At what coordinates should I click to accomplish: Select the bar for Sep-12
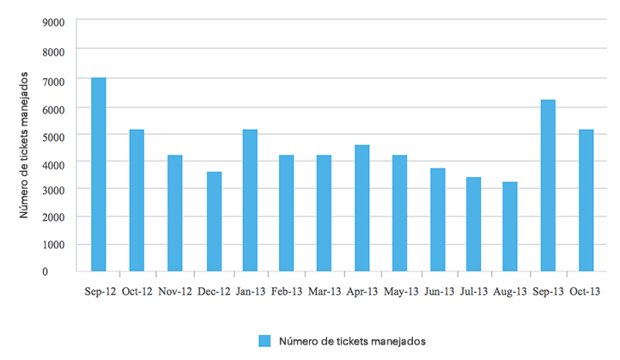[x=99, y=174]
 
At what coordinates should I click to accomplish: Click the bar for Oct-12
[x=137, y=200]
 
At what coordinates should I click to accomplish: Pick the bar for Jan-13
[x=250, y=200]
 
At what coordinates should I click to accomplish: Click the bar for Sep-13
[x=548, y=186]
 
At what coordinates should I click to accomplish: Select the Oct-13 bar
[x=586, y=200]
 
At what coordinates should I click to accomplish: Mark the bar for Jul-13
[x=473, y=224]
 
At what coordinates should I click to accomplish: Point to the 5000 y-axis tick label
[x=53, y=133]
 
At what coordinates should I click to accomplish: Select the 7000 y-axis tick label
[x=53, y=78]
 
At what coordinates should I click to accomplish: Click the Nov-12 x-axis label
[x=174, y=292]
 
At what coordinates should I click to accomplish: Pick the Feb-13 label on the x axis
[x=287, y=292]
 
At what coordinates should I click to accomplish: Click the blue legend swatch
[x=265, y=341]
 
